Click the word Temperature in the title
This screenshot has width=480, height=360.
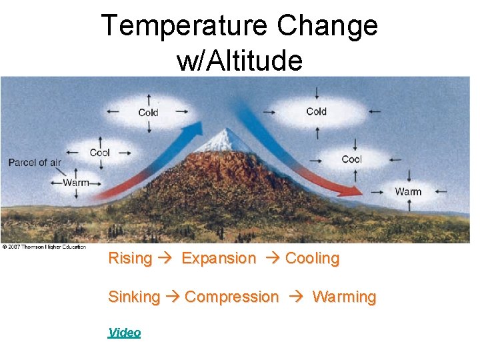coord(184,27)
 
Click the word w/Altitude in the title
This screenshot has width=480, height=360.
coord(239,61)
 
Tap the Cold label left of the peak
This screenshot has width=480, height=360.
coord(148,113)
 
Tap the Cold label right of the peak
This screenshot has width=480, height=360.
coord(316,111)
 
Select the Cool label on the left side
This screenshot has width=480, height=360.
coord(100,153)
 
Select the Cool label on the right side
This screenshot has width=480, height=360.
coord(351,159)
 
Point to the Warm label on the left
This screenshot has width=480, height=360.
coord(76,183)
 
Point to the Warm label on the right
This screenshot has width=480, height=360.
coord(408,191)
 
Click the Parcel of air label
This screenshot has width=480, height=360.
coord(35,163)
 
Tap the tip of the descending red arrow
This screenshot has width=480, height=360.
coord(359,193)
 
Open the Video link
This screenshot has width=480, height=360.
coord(125,332)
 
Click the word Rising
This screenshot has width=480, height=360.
coord(130,258)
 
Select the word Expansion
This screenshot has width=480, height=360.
coord(219,258)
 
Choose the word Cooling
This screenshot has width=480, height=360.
coord(312,258)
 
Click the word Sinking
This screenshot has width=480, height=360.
coord(134,297)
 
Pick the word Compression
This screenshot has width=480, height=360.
coord(231,297)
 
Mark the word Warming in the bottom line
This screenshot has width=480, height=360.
coord(344,297)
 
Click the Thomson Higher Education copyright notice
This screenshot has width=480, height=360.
coord(44,247)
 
